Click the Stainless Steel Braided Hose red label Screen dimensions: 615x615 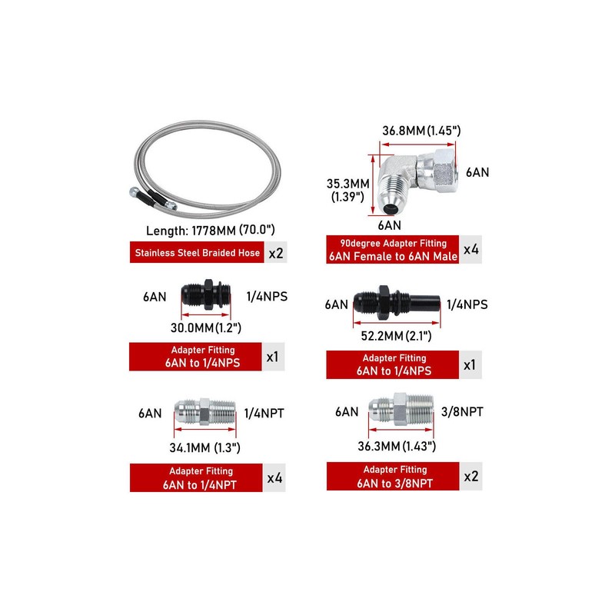pyautogui.click(x=197, y=252)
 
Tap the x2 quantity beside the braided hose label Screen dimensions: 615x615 pyautogui.click(x=275, y=252)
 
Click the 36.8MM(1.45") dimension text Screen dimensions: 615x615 pyautogui.click(x=421, y=131)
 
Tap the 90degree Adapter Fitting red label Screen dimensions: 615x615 pyautogui.click(x=392, y=250)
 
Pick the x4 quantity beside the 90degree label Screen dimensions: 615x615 pyautogui.click(x=470, y=250)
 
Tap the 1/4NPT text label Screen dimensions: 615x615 pyautogui.click(x=264, y=413)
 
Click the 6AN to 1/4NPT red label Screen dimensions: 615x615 pyautogui.click(x=197, y=478)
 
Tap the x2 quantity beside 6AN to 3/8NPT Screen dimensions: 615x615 pyautogui.click(x=470, y=476)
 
